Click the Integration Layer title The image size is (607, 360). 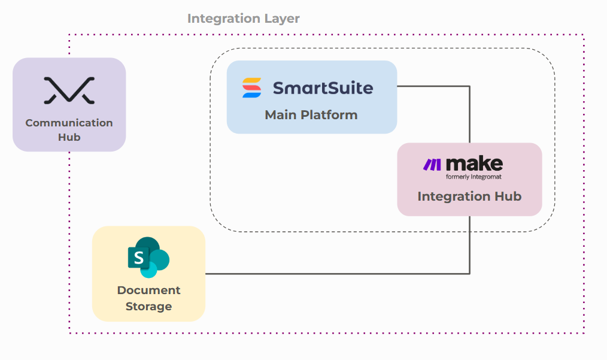click(243, 19)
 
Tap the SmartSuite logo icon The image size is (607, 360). click(251, 87)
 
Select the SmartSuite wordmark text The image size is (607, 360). click(323, 88)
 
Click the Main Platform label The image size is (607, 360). click(311, 114)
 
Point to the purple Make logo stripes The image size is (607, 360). click(432, 165)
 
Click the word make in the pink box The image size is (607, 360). click(474, 164)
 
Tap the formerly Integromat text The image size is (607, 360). click(474, 177)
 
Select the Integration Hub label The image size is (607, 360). click(469, 196)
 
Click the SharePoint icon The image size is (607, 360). click(148, 258)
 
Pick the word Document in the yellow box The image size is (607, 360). click(148, 291)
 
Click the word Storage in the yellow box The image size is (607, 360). click(148, 307)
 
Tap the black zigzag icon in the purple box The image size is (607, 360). click(69, 90)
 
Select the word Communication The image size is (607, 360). click(69, 123)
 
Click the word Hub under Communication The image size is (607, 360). click(69, 137)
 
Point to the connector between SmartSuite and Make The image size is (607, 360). click(469, 86)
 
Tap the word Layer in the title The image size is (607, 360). click(282, 19)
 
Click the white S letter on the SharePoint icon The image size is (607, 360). click(139, 258)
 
